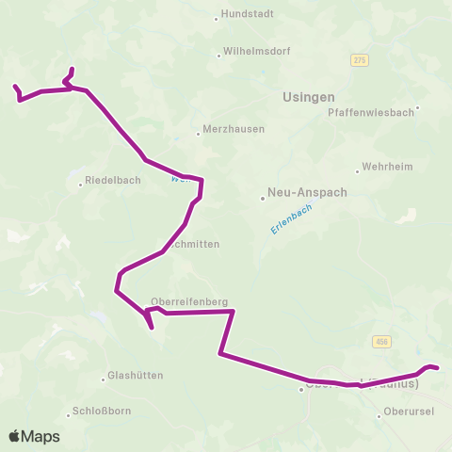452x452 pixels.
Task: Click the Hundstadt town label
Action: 246,17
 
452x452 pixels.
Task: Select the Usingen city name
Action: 309,96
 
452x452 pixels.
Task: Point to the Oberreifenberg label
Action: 189,302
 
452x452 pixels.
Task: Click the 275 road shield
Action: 359,60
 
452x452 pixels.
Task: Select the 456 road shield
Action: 379,342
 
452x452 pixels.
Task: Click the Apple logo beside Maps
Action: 15,436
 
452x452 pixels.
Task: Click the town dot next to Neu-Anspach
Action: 263,198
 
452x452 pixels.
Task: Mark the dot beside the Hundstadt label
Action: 216,17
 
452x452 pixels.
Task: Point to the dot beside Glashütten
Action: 104,379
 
